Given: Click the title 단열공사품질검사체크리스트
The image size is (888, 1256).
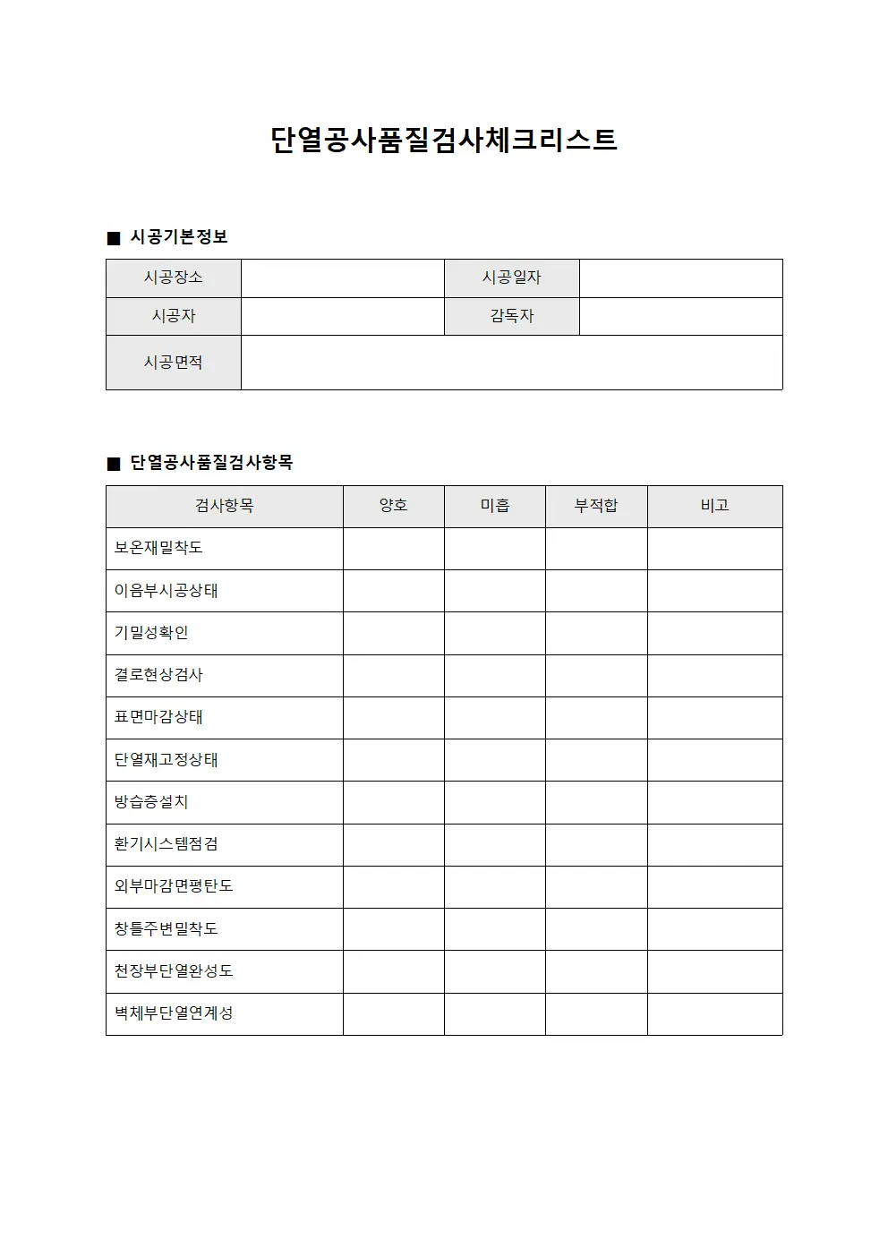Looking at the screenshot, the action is (444, 141).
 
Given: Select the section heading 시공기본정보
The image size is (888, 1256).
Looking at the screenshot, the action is (179, 237).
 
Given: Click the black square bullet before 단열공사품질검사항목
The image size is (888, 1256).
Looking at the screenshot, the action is (113, 464).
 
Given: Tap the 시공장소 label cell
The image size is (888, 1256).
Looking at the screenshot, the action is (174, 278).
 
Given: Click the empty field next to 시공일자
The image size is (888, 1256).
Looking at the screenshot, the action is (680, 278).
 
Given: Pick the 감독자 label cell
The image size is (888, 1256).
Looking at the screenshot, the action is (511, 316).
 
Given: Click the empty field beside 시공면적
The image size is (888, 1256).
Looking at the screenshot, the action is (511, 363).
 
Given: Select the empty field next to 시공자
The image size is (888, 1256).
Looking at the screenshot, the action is (342, 316).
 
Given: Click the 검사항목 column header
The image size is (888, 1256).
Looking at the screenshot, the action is (224, 506).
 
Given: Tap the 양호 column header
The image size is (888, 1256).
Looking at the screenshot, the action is (393, 506).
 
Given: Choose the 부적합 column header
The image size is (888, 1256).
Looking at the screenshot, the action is (596, 506).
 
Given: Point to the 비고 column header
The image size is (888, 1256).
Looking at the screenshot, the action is (714, 506).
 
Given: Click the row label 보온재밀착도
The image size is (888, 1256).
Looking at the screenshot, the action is (158, 548).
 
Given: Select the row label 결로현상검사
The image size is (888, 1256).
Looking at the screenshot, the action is (158, 675).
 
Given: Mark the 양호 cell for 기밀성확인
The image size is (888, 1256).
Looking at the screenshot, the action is (393, 633).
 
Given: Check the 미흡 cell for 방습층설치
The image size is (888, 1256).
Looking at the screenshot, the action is (494, 802).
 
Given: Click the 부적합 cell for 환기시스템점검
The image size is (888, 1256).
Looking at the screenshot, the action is (596, 844).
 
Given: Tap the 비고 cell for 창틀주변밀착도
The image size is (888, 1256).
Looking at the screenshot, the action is (714, 929).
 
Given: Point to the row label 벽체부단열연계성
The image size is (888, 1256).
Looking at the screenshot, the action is (174, 1013).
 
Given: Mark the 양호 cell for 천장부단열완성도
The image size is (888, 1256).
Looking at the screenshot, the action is (393, 971).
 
